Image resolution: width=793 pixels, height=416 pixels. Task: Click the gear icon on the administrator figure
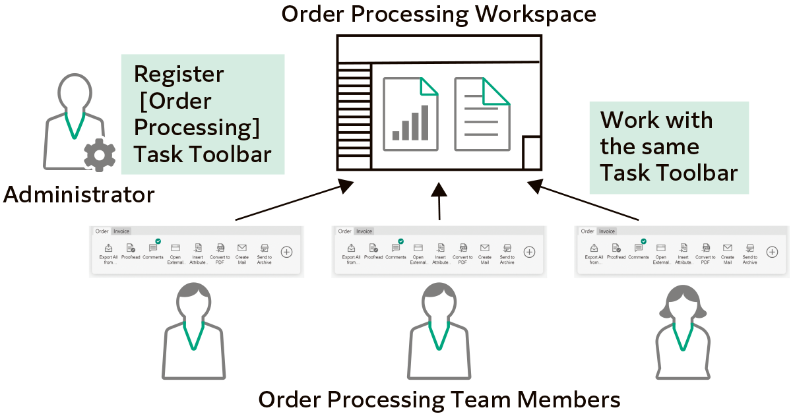pos(100,155)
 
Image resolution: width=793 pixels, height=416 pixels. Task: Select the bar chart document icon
pos(410,114)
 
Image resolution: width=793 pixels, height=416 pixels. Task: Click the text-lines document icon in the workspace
pos(482,114)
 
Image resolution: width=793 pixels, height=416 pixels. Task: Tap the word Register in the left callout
pos(179,74)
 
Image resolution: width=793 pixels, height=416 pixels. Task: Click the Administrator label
pos(79,195)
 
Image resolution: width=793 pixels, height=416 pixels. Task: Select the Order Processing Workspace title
pos(439,15)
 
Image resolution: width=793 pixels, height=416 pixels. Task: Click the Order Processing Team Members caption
pos(439,400)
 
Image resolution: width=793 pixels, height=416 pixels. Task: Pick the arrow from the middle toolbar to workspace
pos(439,201)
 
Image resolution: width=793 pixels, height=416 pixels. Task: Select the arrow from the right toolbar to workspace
pos(584,202)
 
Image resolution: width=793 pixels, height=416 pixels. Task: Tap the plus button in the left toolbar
pos(286,251)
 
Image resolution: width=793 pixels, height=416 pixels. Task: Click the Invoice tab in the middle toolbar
pos(364,231)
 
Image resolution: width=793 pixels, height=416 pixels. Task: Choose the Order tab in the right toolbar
pos(587,231)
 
